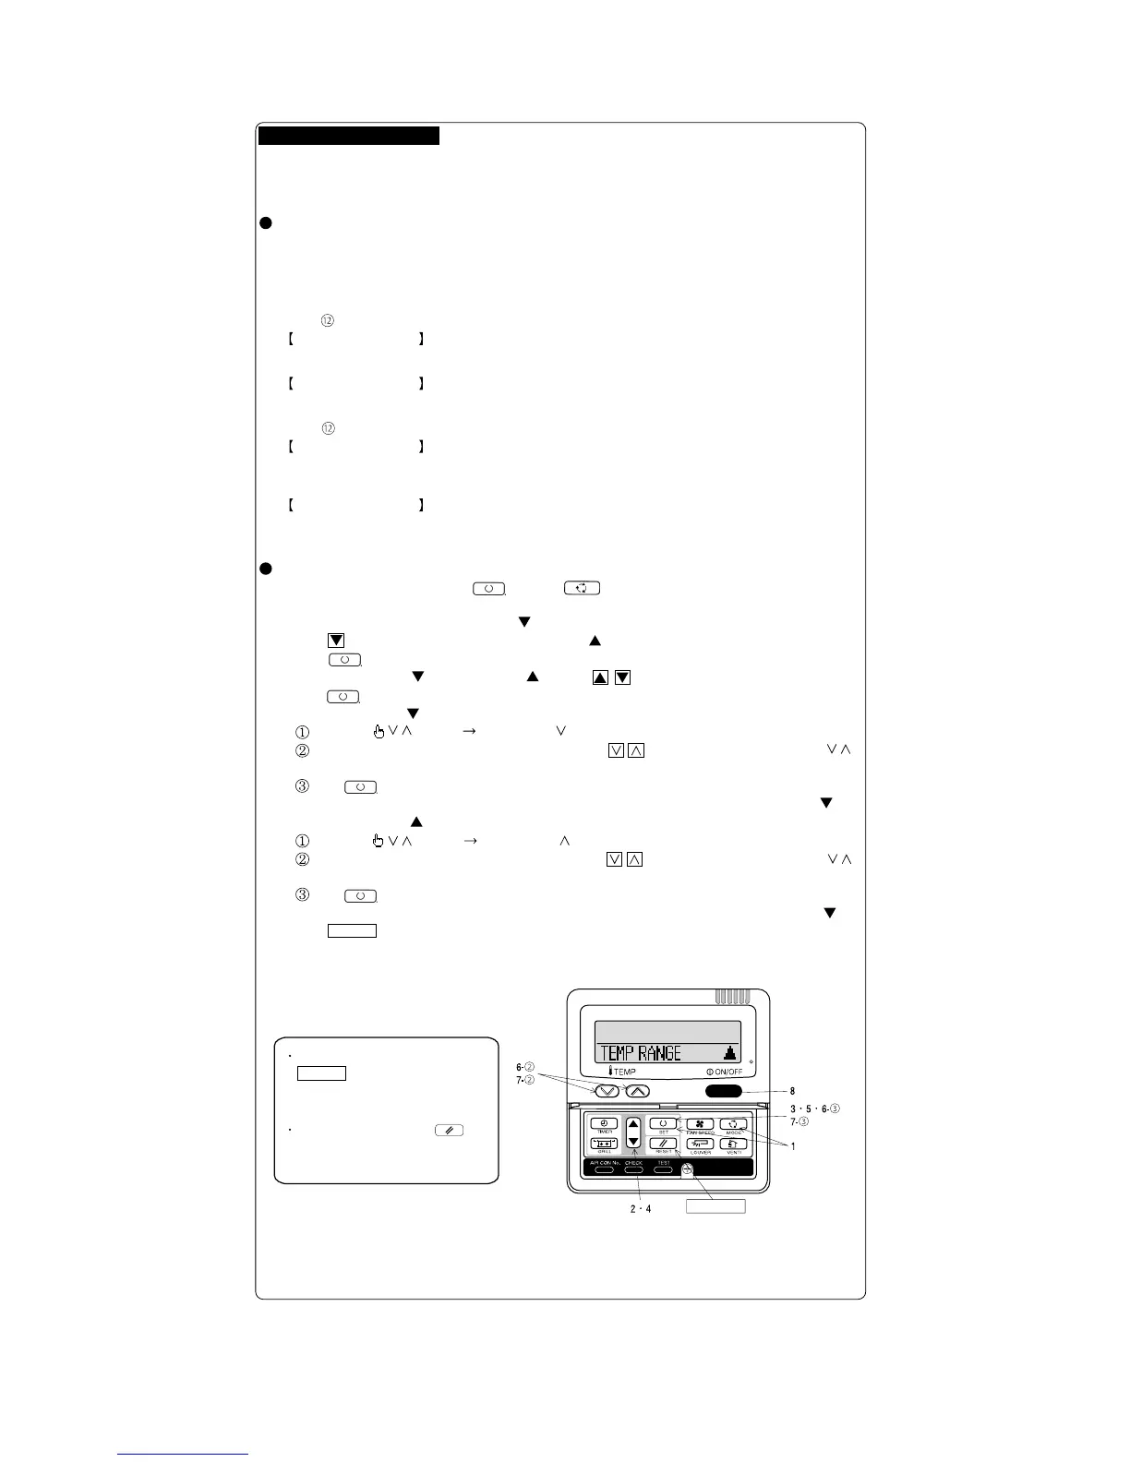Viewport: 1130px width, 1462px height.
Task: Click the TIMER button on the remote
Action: (x=605, y=1124)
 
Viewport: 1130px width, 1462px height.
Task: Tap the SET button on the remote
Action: (x=663, y=1124)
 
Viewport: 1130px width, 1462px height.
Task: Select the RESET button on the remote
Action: (x=663, y=1144)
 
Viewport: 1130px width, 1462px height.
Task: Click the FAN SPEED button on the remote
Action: (x=700, y=1124)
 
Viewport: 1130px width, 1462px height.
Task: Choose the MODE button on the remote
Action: (x=734, y=1124)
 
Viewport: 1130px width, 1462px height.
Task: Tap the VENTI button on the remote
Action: (x=734, y=1144)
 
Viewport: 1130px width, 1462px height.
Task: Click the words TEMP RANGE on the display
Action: (x=641, y=1053)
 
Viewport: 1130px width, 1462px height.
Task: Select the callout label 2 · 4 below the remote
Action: (x=634, y=1210)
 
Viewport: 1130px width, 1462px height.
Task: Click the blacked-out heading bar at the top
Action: (x=348, y=137)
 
